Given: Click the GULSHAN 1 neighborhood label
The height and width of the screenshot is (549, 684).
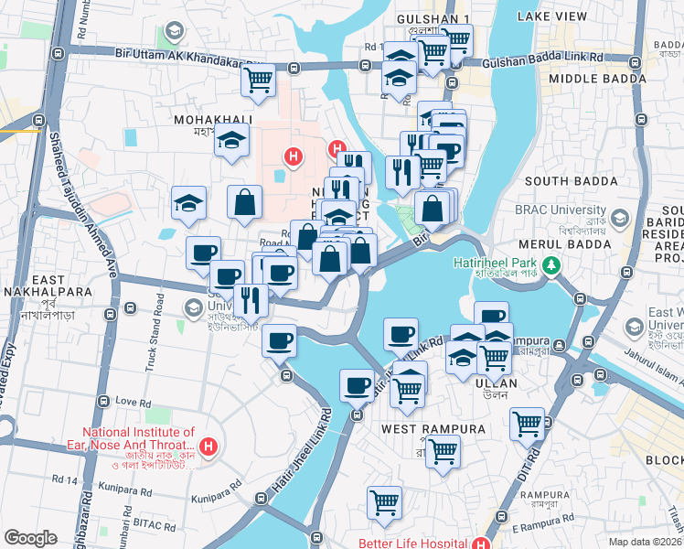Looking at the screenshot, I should click(x=433, y=18).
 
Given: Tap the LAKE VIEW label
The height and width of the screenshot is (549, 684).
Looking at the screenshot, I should click(x=551, y=16).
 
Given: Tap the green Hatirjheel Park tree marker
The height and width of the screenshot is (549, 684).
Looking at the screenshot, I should click(x=551, y=265).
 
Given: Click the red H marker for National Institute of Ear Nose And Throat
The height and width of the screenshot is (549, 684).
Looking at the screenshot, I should click(x=209, y=447).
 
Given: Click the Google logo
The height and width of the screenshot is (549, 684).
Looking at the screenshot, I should click(x=30, y=538).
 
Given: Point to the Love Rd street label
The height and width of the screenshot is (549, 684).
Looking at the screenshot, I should click(x=132, y=402).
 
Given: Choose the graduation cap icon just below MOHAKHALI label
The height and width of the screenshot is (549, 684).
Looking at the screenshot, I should click(x=232, y=143).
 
